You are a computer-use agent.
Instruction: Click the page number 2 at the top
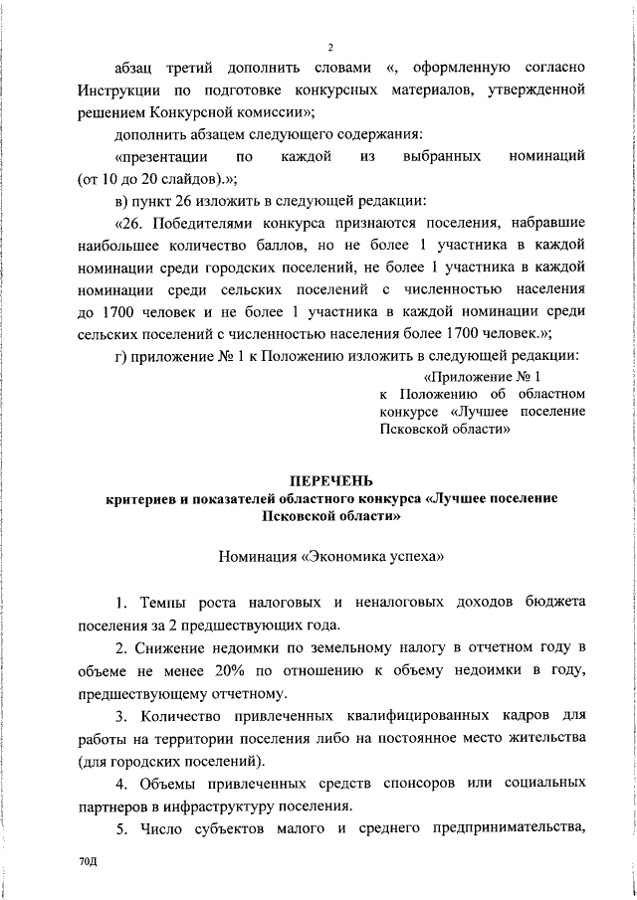(x=329, y=46)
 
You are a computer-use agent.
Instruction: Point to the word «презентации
(x=161, y=157)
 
